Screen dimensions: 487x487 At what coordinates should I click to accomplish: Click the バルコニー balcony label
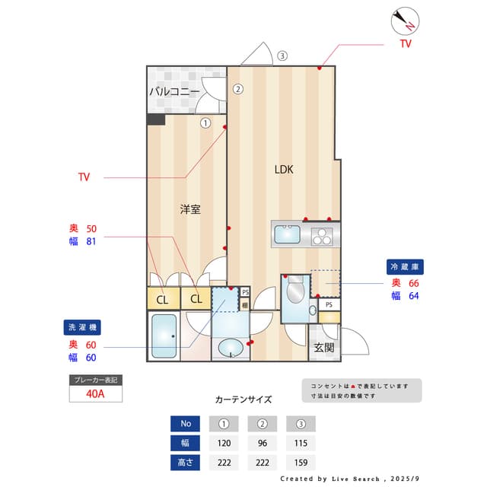click(x=173, y=91)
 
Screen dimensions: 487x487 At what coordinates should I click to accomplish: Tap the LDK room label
click(x=285, y=170)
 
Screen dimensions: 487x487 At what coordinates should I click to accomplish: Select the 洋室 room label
click(x=190, y=208)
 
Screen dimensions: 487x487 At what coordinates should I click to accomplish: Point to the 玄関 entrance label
click(x=323, y=348)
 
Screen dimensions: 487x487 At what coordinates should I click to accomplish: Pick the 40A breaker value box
click(x=95, y=394)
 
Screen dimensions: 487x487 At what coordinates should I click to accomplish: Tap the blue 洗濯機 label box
click(x=83, y=327)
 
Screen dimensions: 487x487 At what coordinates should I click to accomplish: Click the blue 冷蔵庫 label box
click(x=406, y=267)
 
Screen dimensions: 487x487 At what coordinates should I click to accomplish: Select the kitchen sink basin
click(x=288, y=234)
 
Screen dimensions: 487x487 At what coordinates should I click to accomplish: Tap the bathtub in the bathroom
click(x=164, y=336)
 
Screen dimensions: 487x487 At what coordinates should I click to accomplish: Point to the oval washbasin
click(x=230, y=349)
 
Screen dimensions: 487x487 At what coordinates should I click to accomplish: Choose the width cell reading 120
click(x=224, y=443)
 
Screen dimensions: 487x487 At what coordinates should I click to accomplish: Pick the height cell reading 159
click(x=301, y=462)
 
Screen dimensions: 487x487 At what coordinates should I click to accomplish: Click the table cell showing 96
click(x=262, y=443)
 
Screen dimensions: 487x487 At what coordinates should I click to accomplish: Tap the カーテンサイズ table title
click(x=243, y=399)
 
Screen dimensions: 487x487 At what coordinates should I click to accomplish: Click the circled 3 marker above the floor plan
click(x=282, y=56)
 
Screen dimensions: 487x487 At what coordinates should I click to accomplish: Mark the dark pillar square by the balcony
click(x=156, y=119)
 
